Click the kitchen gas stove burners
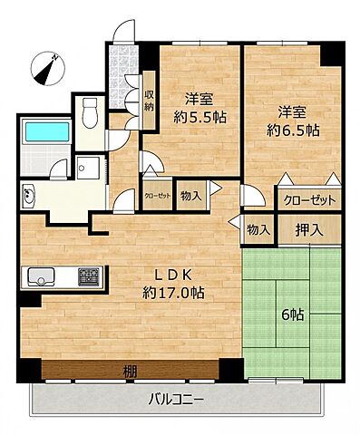[x=89, y=275]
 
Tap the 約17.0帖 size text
[x=170, y=294]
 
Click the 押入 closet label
[x=296, y=229]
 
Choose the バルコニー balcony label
[x=176, y=400]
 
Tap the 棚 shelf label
[x=130, y=371]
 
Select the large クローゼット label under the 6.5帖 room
[x=309, y=200]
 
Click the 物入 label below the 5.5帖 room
[x=191, y=194]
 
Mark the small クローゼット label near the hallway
[x=154, y=194]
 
